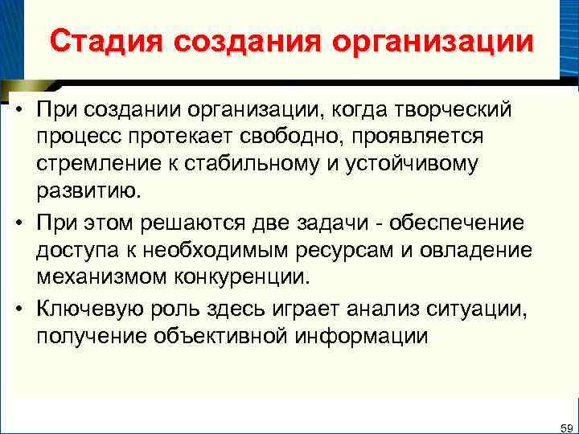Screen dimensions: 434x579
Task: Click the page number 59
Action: point(565,426)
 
